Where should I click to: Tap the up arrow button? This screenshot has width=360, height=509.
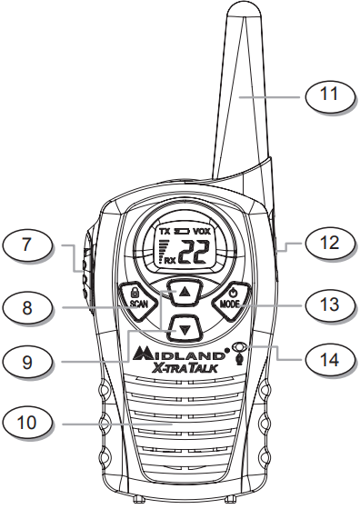[185, 292]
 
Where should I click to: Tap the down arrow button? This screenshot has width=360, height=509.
[185, 327]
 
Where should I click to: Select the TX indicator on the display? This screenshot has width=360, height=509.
[165, 233]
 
